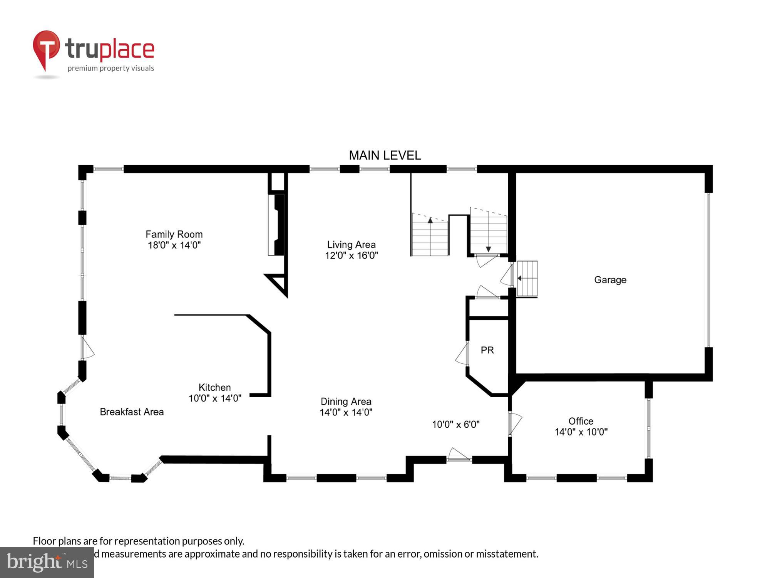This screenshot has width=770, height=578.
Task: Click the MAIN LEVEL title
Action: (x=385, y=155)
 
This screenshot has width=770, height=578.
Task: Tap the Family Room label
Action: (x=174, y=234)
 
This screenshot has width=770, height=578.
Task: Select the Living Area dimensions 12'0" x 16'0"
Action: (x=351, y=255)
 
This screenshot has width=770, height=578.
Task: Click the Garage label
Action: (x=610, y=280)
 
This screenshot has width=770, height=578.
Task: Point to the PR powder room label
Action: (x=487, y=350)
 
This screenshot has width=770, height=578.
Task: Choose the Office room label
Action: (x=581, y=421)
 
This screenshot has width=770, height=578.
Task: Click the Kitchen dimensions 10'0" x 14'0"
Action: (x=214, y=398)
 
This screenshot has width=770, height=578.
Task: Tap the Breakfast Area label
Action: (x=132, y=412)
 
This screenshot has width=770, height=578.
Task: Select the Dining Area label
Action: (x=346, y=402)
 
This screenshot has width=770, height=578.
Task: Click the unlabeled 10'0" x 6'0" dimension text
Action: (x=455, y=424)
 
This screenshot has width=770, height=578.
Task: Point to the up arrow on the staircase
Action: (x=430, y=221)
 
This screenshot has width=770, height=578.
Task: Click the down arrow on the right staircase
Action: (x=488, y=249)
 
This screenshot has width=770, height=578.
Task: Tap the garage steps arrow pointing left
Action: (x=520, y=278)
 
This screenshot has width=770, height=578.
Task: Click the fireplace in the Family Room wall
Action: (x=276, y=225)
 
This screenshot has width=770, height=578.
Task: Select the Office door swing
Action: (x=515, y=423)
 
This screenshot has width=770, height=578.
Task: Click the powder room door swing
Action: (x=462, y=354)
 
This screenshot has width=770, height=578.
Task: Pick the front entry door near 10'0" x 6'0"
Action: (x=459, y=455)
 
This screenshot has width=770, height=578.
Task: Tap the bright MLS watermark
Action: (x=47, y=563)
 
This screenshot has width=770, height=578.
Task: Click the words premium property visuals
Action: (x=110, y=69)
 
